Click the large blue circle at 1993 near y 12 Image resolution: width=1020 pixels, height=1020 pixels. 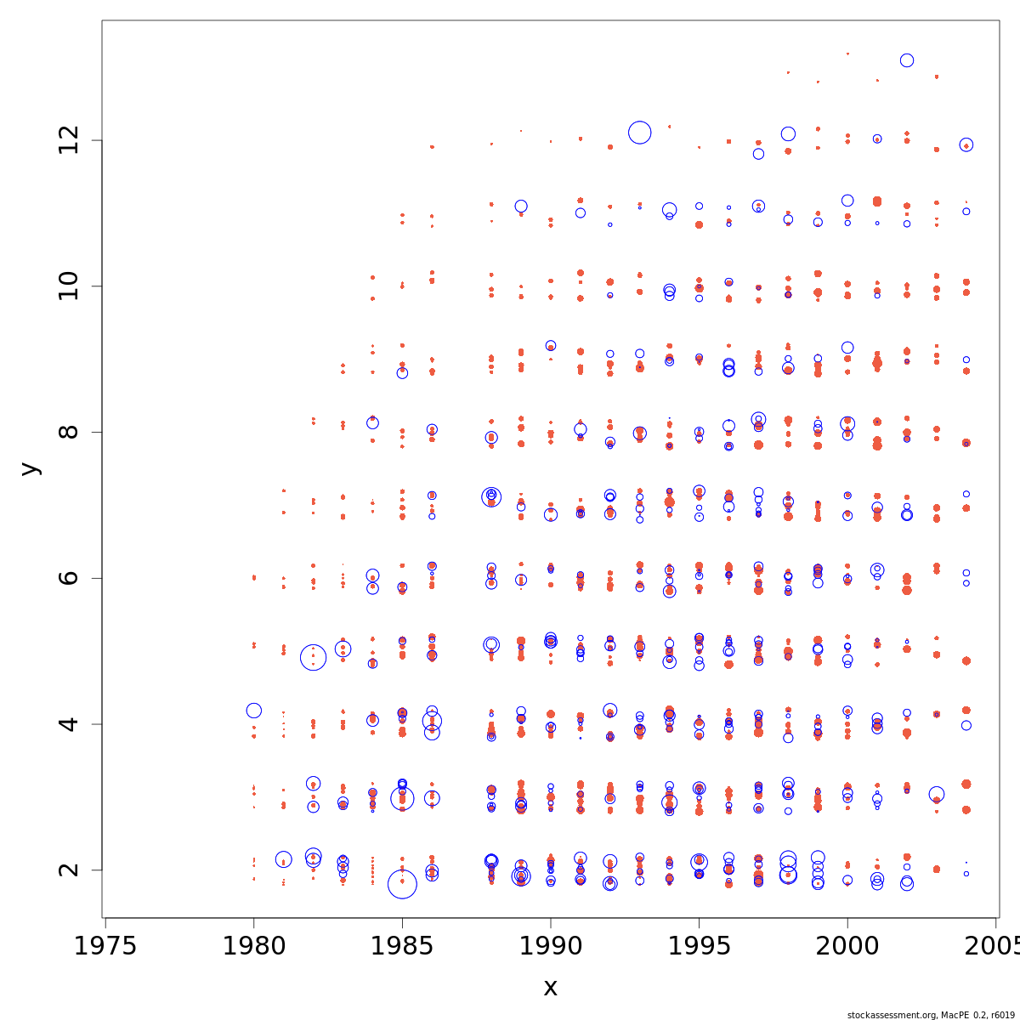(x=640, y=132)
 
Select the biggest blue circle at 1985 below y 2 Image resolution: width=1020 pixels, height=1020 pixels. (x=402, y=884)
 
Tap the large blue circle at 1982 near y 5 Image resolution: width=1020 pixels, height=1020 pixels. (x=314, y=657)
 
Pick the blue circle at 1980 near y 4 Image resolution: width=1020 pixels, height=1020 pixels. (x=253, y=711)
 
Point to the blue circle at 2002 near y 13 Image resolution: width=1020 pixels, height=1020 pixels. (x=907, y=60)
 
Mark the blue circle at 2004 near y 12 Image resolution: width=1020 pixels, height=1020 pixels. (x=966, y=145)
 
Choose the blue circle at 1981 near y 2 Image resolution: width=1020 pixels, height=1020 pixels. (x=284, y=859)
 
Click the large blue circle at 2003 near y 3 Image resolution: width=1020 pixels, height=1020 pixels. (x=937, y=794)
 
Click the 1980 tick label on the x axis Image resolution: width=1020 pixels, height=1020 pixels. (x=253, y=946)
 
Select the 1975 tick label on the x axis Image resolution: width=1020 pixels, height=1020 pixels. (x=105, y=946)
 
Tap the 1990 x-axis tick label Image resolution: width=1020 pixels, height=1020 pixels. (x=551, y=946)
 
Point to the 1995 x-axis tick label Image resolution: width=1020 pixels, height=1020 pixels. (x=699, y=946)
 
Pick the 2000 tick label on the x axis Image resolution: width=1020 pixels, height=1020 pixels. (x=847, y=946)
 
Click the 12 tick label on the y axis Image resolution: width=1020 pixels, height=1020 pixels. (x=71, y=140)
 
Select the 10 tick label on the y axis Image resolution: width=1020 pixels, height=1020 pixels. (x=71, y=286)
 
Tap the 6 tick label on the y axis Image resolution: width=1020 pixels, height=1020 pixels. (x=71, y=578)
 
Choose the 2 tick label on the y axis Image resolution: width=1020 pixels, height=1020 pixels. (x=71, y=870)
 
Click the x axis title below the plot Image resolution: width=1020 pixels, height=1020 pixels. (x=551, y=988)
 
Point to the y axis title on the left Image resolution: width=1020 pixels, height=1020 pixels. (x=30, y=468)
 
